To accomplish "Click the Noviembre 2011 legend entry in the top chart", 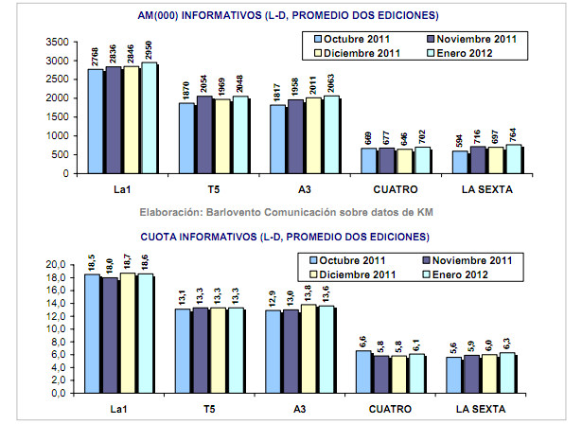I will pos(472,39).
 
